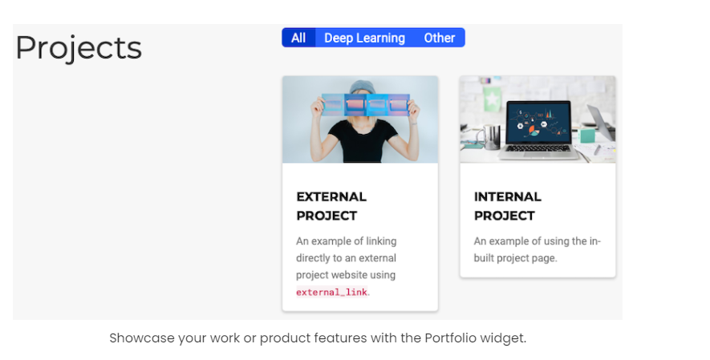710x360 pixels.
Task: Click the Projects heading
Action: coord(79,47)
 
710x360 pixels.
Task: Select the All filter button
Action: coord(298,38)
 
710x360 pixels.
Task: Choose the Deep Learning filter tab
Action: coord(364,38)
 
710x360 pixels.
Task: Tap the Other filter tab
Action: coord(439,38)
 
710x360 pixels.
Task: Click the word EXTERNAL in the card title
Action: coord(331,196)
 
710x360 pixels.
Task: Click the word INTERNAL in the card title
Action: coord(507,196)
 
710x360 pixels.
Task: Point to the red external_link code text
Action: coord(331,292)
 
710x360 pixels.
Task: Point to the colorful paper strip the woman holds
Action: coord(366,104)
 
